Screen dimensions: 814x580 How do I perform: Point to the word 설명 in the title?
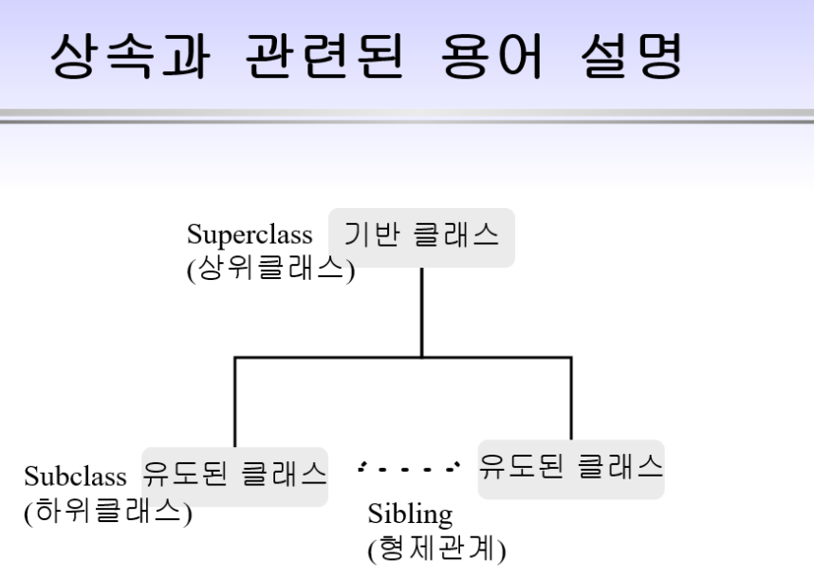631,58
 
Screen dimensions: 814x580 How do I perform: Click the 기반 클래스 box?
421,237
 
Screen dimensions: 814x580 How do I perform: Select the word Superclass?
250,234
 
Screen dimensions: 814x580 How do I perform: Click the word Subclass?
75,476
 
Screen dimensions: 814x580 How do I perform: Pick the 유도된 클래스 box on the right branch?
571,468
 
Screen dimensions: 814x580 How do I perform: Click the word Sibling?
410,515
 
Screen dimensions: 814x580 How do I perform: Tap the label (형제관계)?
436,549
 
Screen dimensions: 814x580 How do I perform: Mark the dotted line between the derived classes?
409,468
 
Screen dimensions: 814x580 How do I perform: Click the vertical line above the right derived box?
571,399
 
